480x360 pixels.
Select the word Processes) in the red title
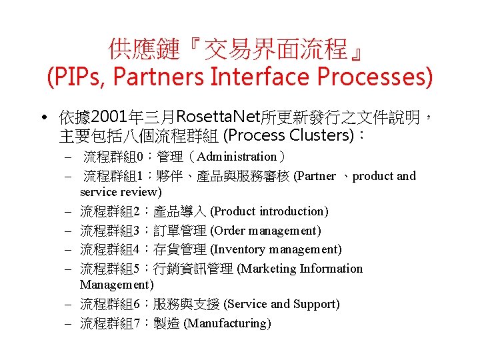(x=375, y=77)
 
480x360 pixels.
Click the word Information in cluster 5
(x=331, y=269)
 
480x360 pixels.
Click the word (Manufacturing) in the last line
(x=227, y=323)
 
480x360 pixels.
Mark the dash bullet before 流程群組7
(x=69, y=323)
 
